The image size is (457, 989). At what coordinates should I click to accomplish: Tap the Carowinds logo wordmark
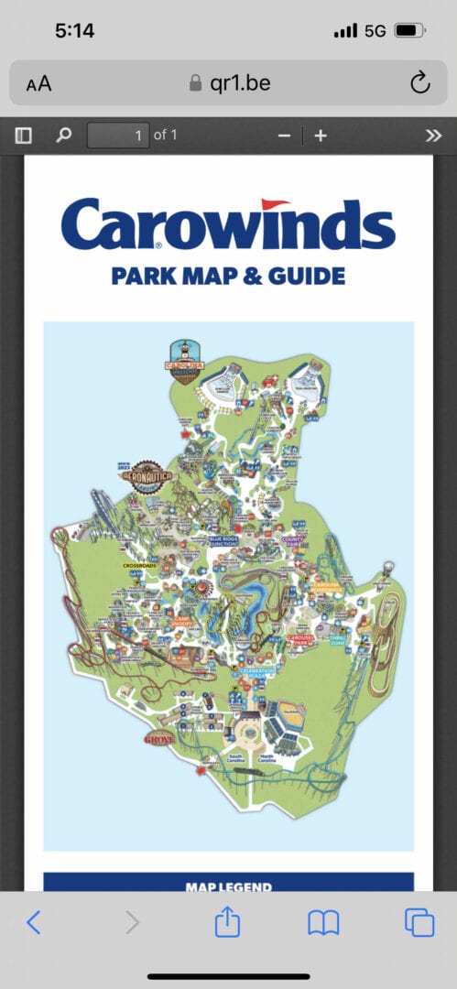click(x=228, y=225)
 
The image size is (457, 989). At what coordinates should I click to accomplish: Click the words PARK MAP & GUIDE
click(x=228, y=275)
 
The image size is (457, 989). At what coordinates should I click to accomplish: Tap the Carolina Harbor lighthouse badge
click(x=183, y=361)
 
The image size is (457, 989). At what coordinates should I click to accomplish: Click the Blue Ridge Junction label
click(x=224, y=542)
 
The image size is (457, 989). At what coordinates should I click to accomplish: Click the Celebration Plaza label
click(x=256, y=673)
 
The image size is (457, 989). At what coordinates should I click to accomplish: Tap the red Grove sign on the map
click(x=159, y=738)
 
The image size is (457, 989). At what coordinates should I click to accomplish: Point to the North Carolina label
click(x=267, y=758)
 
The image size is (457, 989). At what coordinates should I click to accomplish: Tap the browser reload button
click(x=419, y=84)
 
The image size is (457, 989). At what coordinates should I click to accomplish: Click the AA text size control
click(x=38, y=84)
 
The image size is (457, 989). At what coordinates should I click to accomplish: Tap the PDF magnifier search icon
click(x=63, y=136)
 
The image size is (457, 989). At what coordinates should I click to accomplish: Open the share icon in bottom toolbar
click(x=226, y=922)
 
